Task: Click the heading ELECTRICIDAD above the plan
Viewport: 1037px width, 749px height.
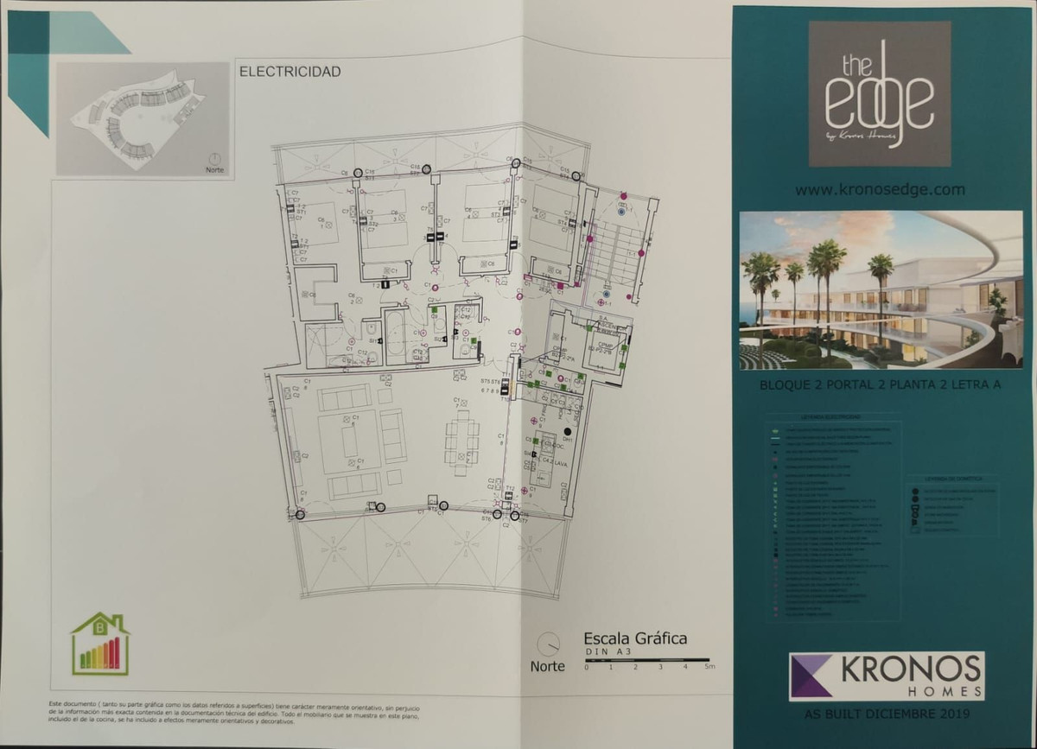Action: coord(289,72)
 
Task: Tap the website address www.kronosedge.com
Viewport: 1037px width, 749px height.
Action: coord(880,189)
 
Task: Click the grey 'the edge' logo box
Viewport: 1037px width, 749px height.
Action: coord(879,93)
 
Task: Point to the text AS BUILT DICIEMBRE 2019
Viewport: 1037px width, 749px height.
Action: coord(887,714)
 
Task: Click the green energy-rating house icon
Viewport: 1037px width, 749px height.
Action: coord(101,644)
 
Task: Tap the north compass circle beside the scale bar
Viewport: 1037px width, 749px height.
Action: coord(547,644)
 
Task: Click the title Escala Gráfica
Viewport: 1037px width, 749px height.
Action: coord(635,638)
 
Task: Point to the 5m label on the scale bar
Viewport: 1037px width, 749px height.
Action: coord(709,667)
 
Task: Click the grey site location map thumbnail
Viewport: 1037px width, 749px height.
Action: coord(143,119)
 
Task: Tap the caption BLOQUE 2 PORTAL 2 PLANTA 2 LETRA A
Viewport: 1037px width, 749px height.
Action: coord(880,385)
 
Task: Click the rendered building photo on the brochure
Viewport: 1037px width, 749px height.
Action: coord(881,289)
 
